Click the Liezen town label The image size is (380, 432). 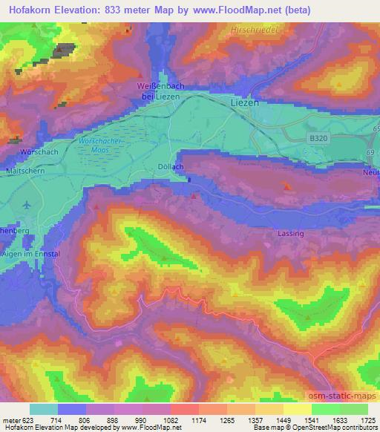click(245, 102)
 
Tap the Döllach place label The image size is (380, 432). click(170, 167)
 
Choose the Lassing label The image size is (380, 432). click(286, 233)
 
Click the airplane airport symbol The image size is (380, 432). click(27, 204)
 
